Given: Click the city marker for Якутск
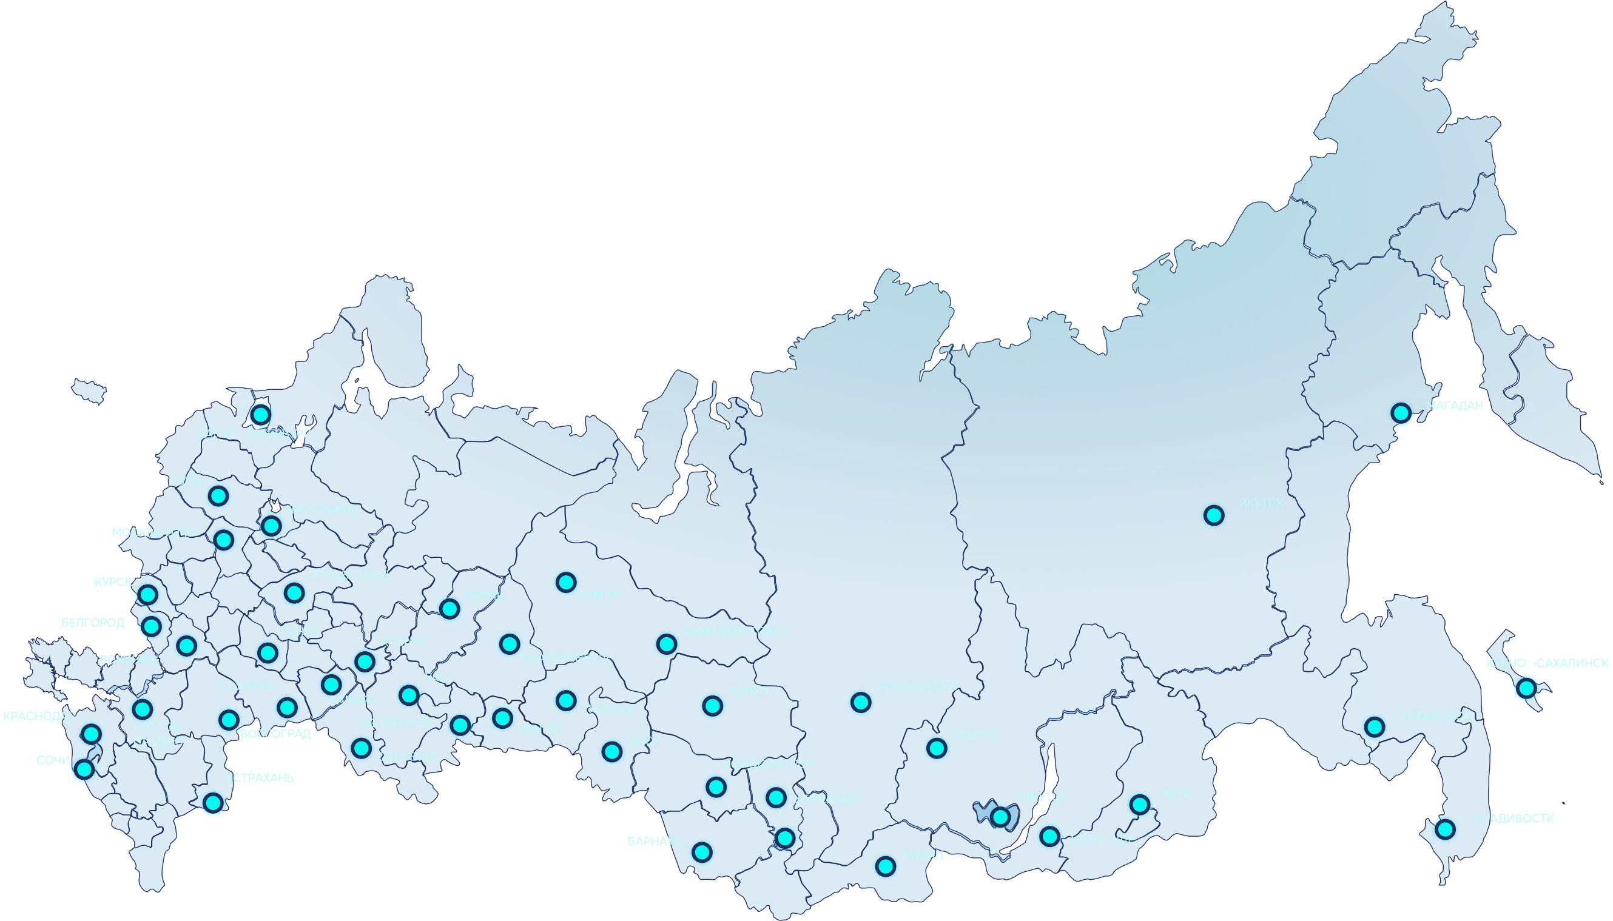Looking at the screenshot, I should [x=1214, y=515].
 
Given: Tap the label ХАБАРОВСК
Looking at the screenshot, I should [x=1435, y=716].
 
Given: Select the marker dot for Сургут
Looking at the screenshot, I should [x=566, y=582].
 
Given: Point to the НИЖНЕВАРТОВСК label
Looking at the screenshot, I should [x=736, y=631].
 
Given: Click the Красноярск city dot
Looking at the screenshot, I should [x=861, y=702].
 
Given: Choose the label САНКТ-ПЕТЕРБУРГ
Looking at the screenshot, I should [x=253, y=434].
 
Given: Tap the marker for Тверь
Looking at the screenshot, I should [x=218, y=496].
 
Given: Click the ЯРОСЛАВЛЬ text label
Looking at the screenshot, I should [x=322, y=509].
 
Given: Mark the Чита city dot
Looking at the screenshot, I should [x=1140, y=805].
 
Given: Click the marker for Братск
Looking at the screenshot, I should [x=937, y=748].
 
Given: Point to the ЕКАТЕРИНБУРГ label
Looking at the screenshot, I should [x=567, y=658].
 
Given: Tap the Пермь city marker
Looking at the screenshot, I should [x=450, y=609].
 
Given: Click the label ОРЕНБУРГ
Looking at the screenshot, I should [x=408, y=756].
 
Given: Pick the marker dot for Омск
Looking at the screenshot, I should [x=612, y=751].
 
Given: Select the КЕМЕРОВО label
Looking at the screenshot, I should [x=826, y=799].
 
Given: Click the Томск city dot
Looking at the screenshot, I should [x=713, y=705].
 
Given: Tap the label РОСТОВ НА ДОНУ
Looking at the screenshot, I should [x=158, y=733].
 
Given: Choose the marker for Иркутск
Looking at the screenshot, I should [x=1000, y=817].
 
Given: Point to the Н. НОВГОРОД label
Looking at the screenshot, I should [x=349, y=575].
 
